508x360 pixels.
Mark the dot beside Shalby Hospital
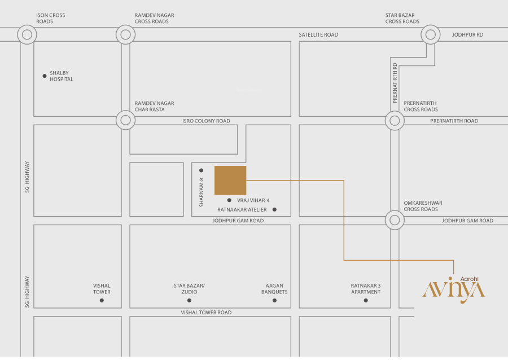[45, 76]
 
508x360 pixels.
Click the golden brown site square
[230, 181]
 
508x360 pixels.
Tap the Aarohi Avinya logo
[454, 289]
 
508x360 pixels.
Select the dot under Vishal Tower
[102, 300]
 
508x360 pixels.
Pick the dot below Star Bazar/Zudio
[189, 300]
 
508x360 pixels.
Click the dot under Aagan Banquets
[274, 300]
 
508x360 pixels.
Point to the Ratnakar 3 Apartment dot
[366, 300]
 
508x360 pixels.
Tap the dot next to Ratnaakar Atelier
[274, 209]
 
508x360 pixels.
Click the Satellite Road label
[318, 34]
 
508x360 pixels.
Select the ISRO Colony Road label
[206, 121]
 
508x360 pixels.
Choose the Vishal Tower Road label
[206, 313]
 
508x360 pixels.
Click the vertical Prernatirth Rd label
[395, 83]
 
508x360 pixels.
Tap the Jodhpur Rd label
[467, 34]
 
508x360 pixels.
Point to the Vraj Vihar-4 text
[253, 200]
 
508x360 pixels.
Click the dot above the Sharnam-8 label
[201, 170]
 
